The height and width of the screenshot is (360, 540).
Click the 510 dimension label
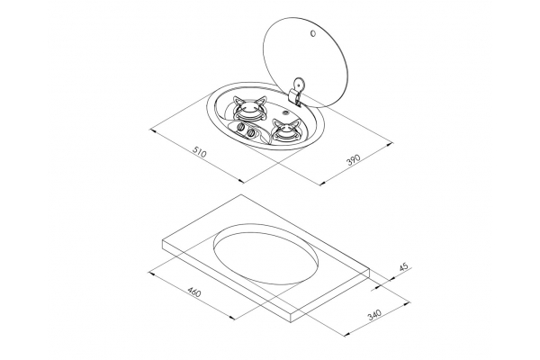[x=199, y=152]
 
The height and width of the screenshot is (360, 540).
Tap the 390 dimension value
[x=353, y=160]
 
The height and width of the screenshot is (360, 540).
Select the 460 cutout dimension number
[x=193, y=293]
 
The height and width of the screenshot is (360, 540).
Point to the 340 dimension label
[x=374, y=315]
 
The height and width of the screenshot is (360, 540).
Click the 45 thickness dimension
[x=404, y=266]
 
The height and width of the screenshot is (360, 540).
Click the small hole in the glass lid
[x=312, y=33]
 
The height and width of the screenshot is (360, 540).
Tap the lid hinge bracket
[x=297, y=91]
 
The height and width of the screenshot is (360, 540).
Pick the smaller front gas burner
[x=285, y=130]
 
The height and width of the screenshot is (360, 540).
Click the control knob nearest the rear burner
[x=240, y=128]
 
